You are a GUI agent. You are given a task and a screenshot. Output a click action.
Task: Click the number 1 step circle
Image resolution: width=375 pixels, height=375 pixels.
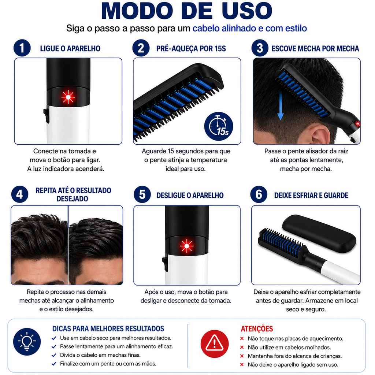[x=22, y=48]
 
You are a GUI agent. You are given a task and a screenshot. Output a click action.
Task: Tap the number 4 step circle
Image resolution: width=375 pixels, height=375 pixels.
[x=20, y=194]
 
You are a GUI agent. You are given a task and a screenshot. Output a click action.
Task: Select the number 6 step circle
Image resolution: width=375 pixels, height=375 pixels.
[x=259, y=194]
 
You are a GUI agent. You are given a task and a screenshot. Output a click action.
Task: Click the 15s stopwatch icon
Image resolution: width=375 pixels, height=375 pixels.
[x=219, y=126]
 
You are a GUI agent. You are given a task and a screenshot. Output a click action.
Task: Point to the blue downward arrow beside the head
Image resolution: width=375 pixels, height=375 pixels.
[x=280, y=105]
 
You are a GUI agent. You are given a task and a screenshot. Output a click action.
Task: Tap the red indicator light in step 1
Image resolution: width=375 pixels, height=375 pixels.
[x=68, y=97]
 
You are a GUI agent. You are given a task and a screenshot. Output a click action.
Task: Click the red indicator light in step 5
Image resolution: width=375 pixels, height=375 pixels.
[x=186, y=246]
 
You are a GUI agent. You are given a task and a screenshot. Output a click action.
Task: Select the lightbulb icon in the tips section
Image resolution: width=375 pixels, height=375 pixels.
[x=27, y=342]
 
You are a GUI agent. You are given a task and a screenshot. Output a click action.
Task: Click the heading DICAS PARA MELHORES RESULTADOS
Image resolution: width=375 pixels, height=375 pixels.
[x=108, y=328]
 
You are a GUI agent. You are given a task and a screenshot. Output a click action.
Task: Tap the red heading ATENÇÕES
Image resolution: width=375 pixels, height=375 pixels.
[x=257, y=329]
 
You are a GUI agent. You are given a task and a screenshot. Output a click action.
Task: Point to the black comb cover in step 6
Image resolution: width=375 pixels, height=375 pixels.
[x=319, y=233]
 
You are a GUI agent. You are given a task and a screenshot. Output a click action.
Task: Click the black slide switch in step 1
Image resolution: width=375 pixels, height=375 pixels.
[x=47, y=115]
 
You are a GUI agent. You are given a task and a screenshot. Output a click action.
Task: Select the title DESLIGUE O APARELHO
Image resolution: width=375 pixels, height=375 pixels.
[x=190, y=196]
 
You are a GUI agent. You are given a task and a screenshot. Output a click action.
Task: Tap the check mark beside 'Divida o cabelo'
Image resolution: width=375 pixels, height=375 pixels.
[x=54, y=355]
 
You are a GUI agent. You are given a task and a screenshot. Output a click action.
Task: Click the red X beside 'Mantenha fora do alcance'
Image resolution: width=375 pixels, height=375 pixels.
[x=242, y=356]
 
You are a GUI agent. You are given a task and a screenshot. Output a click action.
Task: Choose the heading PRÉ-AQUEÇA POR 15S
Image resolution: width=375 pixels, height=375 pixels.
[x=191, y=49]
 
